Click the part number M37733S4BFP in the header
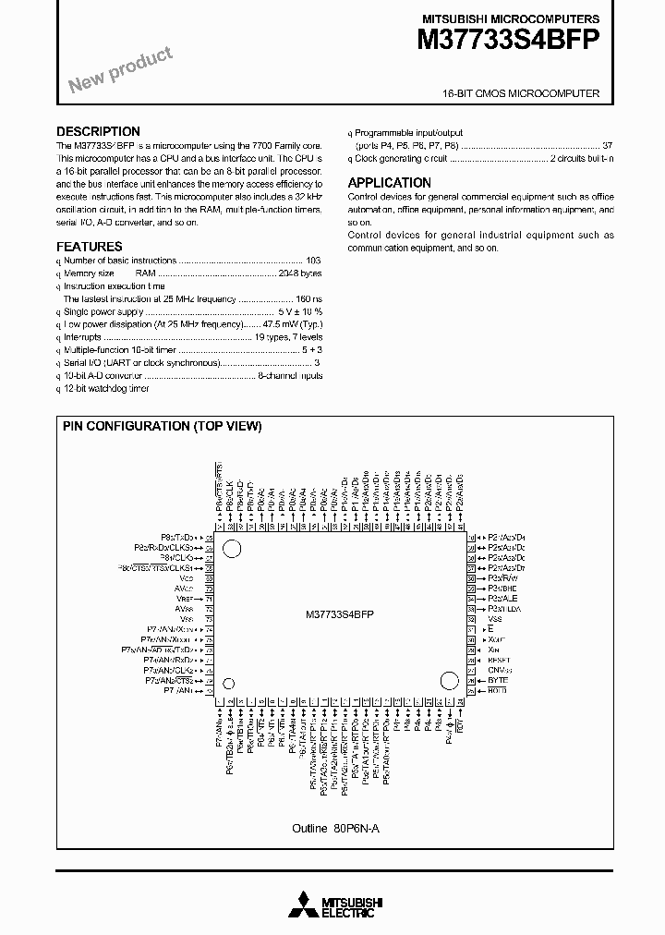(x=509, y=40)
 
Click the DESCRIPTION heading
(x=98, y=131)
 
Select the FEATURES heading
(x=89, y=247)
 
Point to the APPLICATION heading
(x=389, y=183)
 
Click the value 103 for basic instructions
(x=313, y=261)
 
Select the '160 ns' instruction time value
(x=308, y=299)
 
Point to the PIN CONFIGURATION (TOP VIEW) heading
(x=162, y=426)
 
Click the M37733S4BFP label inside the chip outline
(x=339, y=614)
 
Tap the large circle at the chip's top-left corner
(x=232, y=549)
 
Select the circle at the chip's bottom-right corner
(x=449, y=682)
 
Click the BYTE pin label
(x=498, y=681)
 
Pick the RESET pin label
(x=500, y=661)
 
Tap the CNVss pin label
(x=500, y=671)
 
